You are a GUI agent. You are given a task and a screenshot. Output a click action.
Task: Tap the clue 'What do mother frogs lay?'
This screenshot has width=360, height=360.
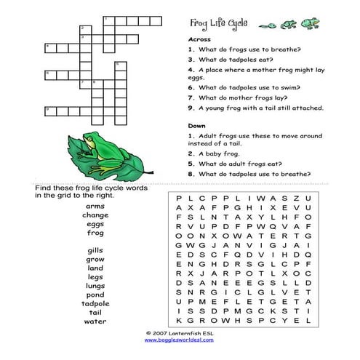[x=244, y=97]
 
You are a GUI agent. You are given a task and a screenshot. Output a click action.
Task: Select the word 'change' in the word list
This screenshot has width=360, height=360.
[x=95, y=215]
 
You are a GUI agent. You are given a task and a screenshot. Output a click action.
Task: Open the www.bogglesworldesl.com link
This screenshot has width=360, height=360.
[x=180, y=340]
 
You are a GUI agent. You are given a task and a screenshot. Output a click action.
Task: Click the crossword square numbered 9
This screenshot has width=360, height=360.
[x=49, y=111]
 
